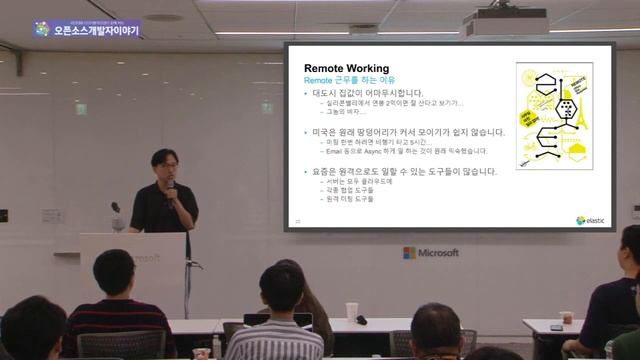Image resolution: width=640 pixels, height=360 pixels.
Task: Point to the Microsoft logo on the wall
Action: point(431,253)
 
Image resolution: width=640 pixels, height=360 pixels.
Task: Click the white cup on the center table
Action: point(351,310)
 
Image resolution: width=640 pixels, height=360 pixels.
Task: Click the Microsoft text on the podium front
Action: point(145,259)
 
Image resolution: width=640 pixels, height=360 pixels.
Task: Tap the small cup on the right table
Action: point(567,317)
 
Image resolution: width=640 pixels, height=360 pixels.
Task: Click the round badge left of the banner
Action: point(41,29)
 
